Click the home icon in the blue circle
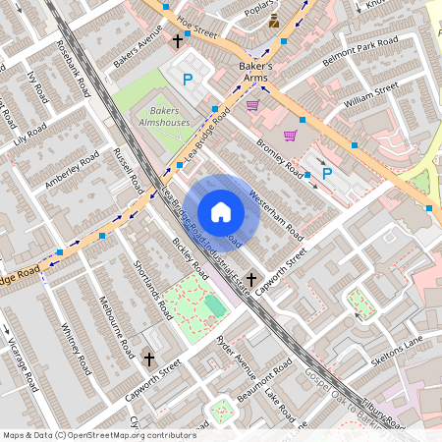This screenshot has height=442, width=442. pyautogui.click(x=221, y=211)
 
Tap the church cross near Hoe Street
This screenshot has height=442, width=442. pyautogui.click(x=178, y=40)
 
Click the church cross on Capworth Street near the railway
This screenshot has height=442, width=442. pyautogui.click(x=250, y=280)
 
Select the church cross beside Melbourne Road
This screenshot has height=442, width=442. pyautogui.click(x=148, y=360)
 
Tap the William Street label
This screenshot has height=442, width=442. pyautogui.click(x=371, y=94)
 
